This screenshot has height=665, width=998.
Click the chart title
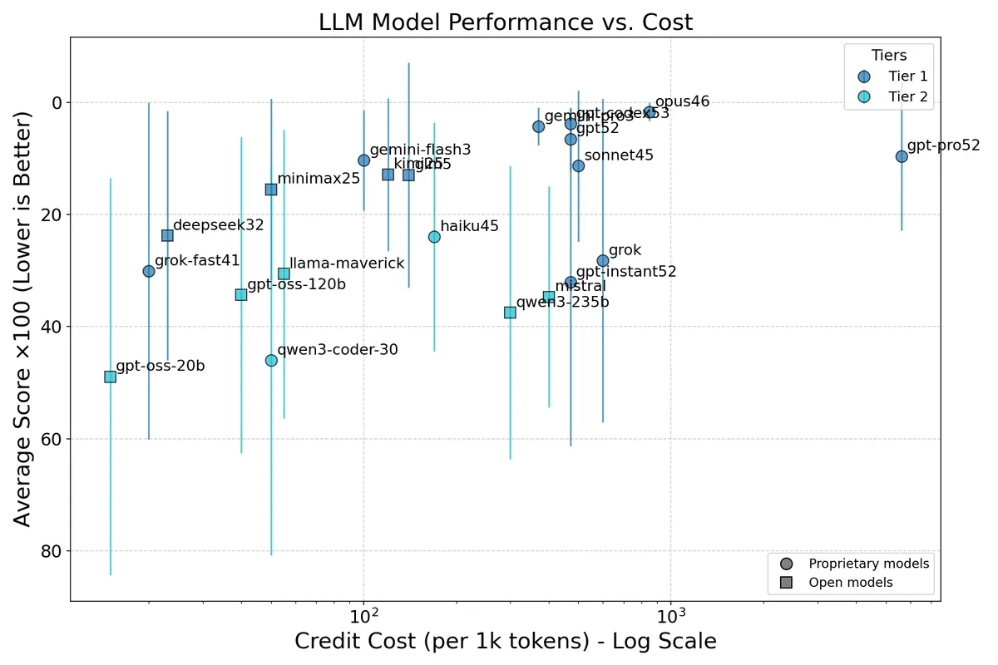[505, 22]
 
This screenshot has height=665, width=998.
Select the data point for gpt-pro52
[902, 156]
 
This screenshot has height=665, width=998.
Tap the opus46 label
[682, 101]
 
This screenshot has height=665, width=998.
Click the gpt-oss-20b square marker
[110, 377]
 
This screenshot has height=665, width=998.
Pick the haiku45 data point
[434, 237]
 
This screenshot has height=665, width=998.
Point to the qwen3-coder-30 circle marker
[271, 360]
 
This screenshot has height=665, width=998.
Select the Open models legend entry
[850, 583]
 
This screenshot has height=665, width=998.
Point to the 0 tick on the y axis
[56, 103]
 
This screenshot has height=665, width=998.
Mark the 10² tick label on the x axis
[363, 616]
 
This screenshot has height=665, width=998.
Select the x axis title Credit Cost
[505, 642]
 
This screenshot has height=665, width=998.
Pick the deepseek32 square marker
[167, 235]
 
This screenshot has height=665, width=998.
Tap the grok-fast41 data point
[149, 271]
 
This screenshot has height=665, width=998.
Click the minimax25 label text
[319, 178]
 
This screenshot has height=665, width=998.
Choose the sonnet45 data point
[578, 166]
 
